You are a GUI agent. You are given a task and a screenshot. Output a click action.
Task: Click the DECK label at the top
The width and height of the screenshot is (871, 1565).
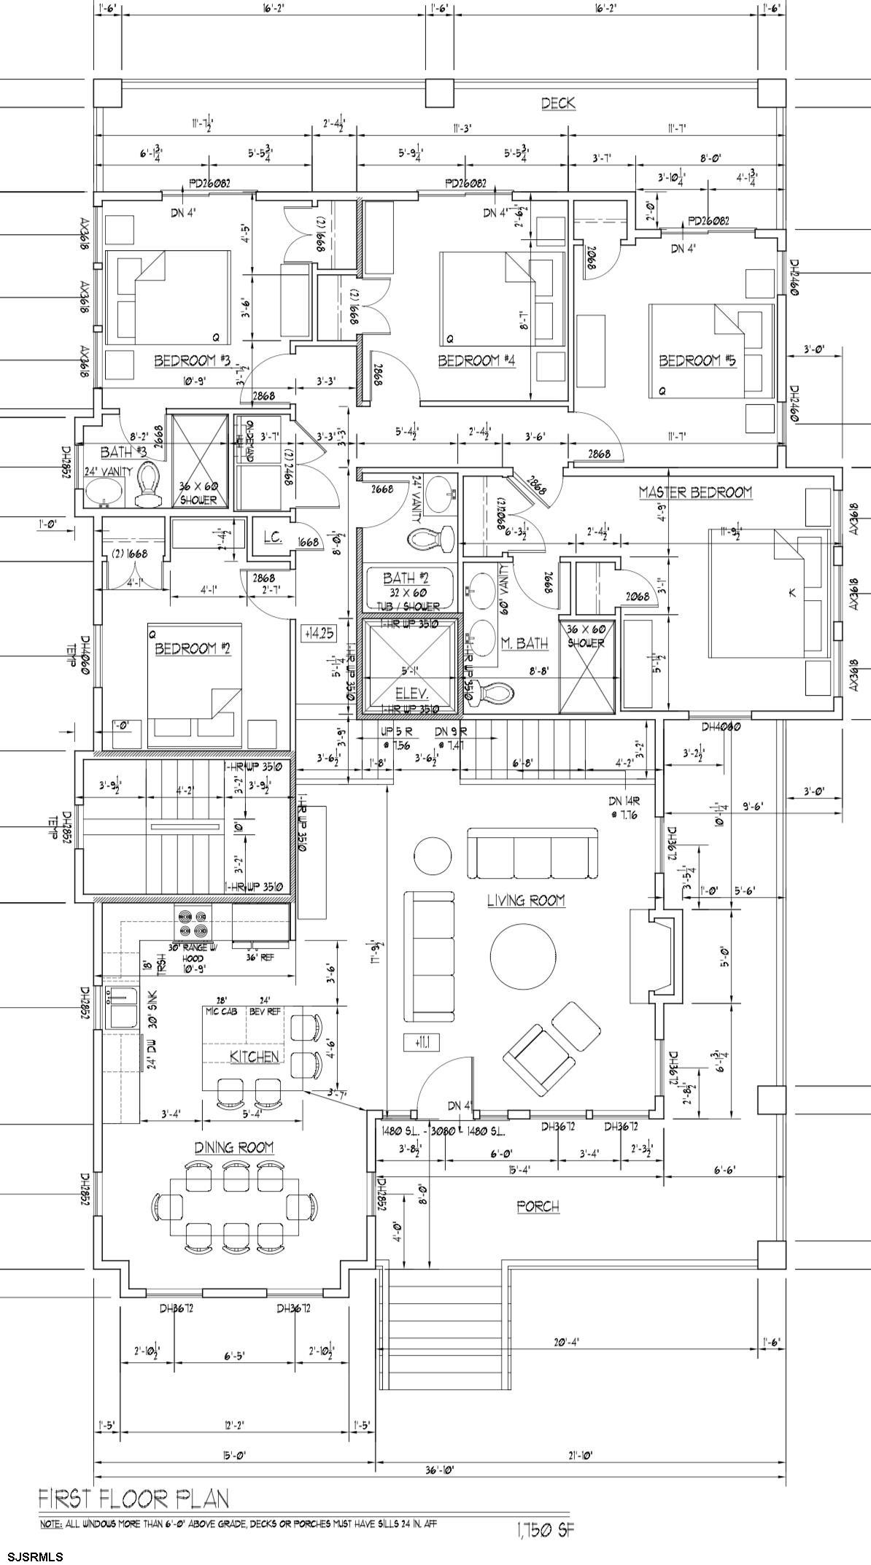pos(558,104)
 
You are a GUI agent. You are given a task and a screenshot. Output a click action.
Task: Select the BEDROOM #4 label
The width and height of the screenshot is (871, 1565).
pos(477,360)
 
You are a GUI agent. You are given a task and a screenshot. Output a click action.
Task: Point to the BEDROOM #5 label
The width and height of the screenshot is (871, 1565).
pos(697,360)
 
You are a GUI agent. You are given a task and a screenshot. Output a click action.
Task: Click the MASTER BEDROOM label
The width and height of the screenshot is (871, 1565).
pos(695,492)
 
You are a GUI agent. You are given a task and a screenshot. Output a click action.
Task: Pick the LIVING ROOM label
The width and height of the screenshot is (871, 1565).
pos(526,901)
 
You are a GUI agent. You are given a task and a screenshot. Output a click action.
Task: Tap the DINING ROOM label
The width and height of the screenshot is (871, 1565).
pos(234,1147)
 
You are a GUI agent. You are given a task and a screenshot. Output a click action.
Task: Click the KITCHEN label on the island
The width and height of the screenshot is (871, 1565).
pos(254,1057)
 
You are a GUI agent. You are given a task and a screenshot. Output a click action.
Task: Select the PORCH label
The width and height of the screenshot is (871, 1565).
pos(538,1206)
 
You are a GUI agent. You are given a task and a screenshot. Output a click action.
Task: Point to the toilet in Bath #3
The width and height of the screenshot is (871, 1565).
pos(148,485)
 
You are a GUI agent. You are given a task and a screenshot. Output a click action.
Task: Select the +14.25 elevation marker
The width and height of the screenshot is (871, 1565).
pos(318,633)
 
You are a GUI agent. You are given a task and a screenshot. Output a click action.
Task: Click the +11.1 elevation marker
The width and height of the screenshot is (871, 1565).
pos(422,1044)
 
